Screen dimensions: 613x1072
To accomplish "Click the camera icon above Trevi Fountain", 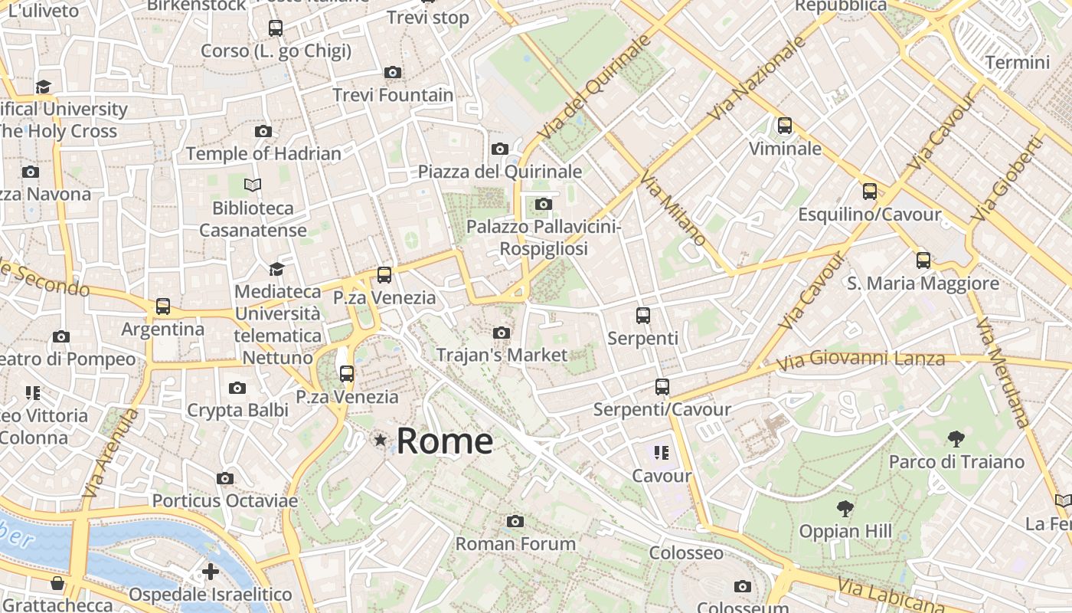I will (x=393, y=73).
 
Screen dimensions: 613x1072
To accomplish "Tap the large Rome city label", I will (x=445, y=441).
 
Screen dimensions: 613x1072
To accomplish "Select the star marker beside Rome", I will (x=380, y=440).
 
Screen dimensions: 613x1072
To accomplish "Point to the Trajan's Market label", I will (x=502, y=355).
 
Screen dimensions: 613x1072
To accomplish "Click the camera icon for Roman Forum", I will (x=515, y=522).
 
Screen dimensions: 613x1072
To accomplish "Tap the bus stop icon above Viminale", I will (x=785, y=126).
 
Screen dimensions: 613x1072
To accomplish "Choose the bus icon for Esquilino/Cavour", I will (x=870, y=192).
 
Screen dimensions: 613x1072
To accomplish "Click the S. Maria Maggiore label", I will (x=923, y=284).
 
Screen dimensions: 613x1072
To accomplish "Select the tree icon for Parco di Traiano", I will (x=956, y=439).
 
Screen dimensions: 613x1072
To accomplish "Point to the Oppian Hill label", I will (x=845, y=531).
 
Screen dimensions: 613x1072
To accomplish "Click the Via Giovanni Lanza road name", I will (x=861, y=359).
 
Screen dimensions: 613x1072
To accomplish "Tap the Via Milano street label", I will (x=673, y=209).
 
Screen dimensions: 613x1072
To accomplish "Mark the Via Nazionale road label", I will (x=757, y=77).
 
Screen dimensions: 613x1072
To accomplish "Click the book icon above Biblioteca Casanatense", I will (x=253, y=185).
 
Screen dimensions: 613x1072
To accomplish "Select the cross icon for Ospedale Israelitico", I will (x=211, y=572).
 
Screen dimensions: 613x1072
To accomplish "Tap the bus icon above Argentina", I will (x=163, y=306).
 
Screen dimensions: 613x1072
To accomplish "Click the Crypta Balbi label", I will (x=238, y=410).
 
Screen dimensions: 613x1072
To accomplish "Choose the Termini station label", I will (x=1017, y=62).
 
